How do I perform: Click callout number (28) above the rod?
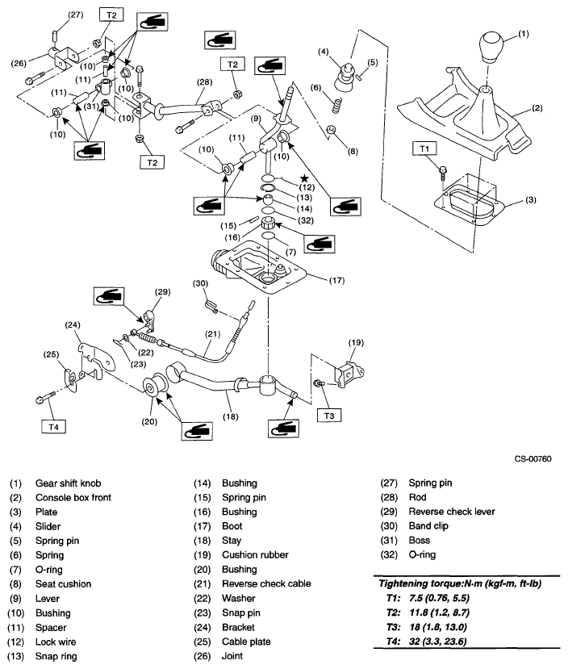[203, 82]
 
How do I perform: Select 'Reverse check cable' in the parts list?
[265, 583]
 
